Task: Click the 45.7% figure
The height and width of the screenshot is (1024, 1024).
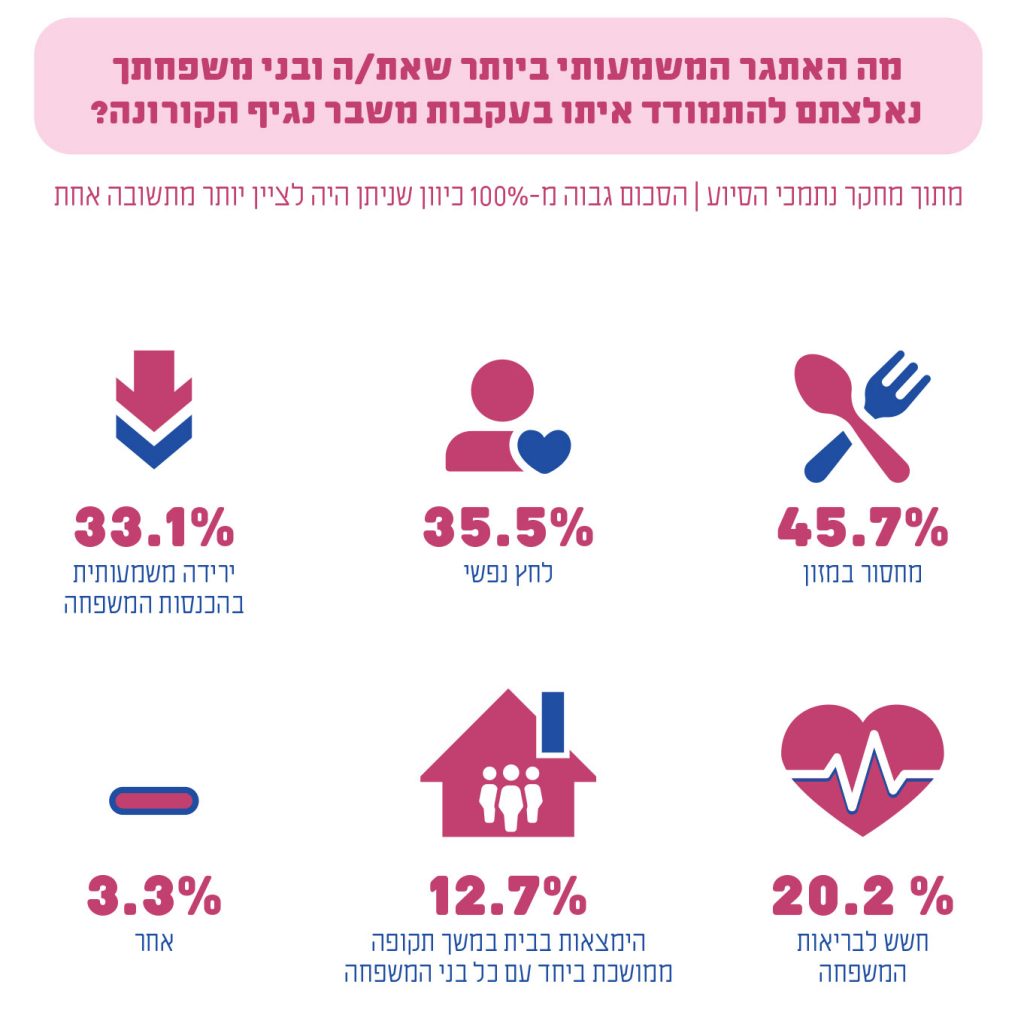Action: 862,527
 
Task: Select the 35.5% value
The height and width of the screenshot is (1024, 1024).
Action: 508,527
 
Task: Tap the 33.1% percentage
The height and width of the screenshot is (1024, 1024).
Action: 154,527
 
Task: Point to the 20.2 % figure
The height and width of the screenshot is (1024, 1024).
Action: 862,896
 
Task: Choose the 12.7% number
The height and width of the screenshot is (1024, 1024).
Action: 508,896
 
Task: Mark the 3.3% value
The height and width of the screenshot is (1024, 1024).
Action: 154,896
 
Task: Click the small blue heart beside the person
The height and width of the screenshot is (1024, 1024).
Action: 543,449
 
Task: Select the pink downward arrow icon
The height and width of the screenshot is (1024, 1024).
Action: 154,385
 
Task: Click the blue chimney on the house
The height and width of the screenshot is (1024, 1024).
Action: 552,723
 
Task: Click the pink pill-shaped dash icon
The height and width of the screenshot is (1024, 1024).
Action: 153,799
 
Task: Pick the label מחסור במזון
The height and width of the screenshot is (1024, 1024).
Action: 862,574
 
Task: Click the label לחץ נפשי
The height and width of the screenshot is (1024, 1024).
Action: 508,574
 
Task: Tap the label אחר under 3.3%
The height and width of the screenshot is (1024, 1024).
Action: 156,942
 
